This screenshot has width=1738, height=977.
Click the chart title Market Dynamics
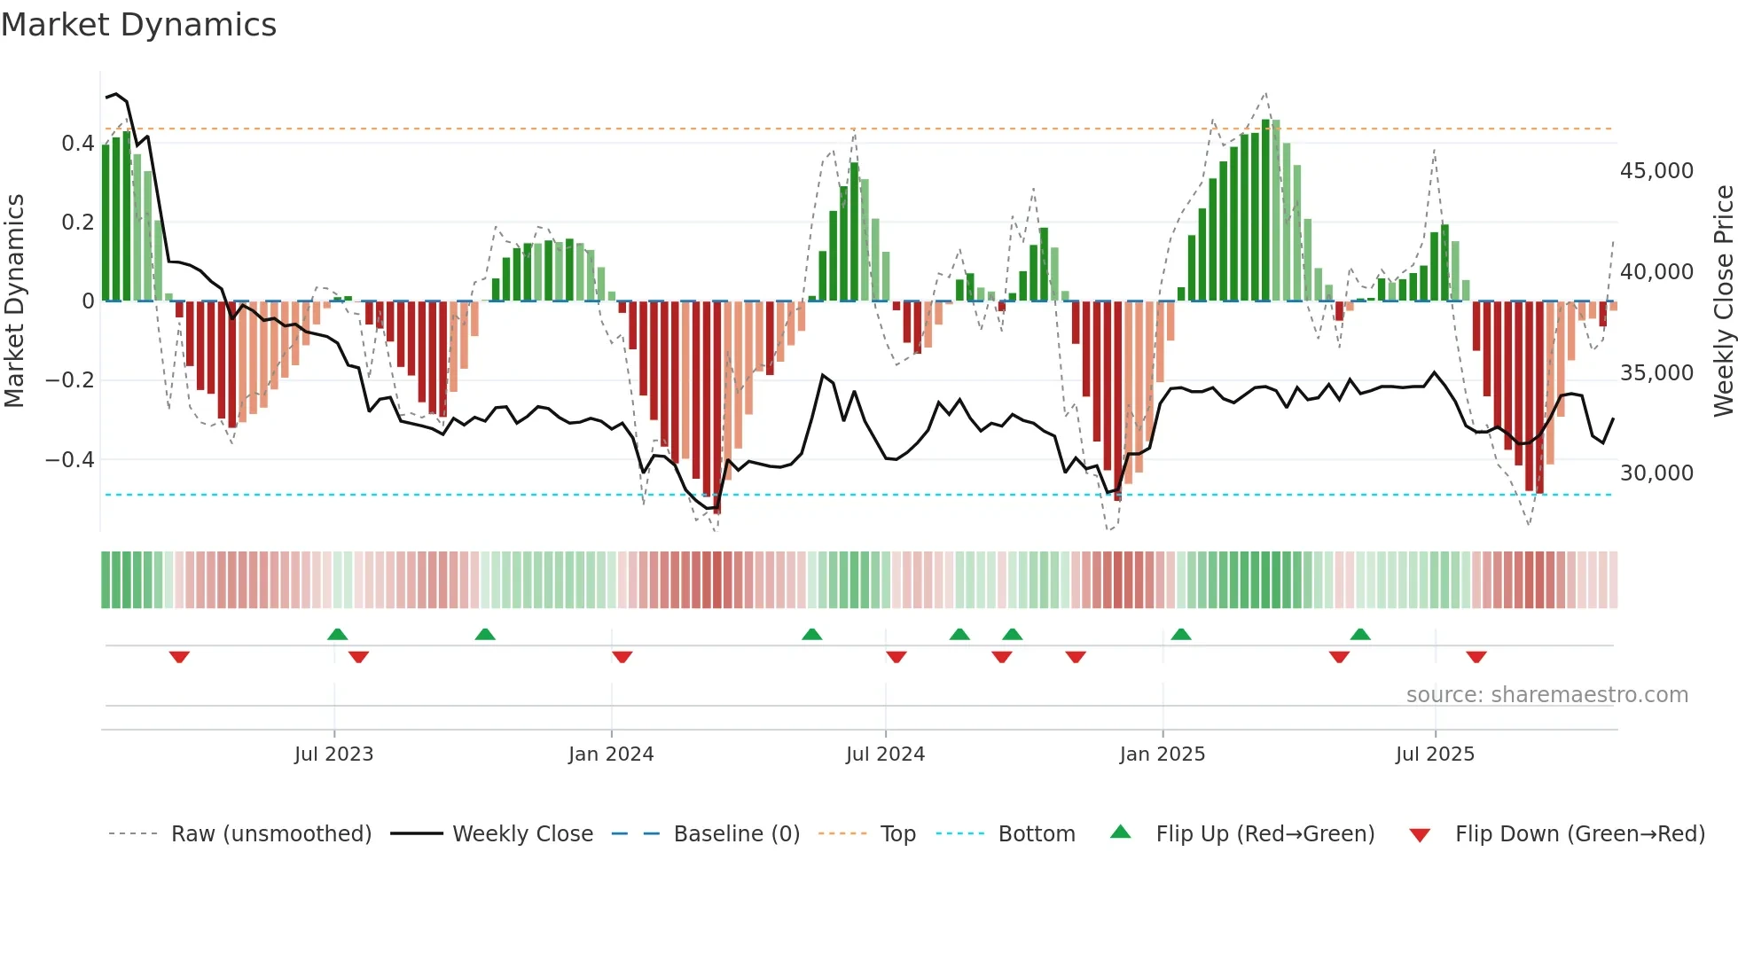point(139,25)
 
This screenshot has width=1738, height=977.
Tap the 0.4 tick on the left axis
point(77,144)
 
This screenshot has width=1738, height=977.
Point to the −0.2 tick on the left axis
point(69,380)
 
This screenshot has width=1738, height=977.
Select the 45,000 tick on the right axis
point(1656,171)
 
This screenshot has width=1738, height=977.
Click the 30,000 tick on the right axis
point(1656,473)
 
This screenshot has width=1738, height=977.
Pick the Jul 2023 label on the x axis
point(333,754)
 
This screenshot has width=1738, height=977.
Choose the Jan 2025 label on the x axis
point(1162,754)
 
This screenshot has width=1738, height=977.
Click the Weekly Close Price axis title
point(1723,301)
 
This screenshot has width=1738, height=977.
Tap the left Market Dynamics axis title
point(15,301)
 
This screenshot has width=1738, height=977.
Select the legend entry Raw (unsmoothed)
point(270,834)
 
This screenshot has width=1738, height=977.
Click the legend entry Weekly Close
point(522,834)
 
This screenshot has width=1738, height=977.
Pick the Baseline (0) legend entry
point(736,834)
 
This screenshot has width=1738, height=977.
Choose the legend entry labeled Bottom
point(1036,834)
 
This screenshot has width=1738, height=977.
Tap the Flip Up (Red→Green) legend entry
point(1264,834)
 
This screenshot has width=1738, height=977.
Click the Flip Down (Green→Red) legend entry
point(1579,834)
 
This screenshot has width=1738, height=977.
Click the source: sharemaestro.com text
point(1546,695)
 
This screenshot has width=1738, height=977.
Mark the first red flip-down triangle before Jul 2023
point(179,657)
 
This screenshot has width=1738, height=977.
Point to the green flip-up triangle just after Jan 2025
point(1180,634)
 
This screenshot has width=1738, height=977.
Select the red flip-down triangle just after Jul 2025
point(1476,657)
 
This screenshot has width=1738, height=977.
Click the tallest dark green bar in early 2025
point(1265,211)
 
